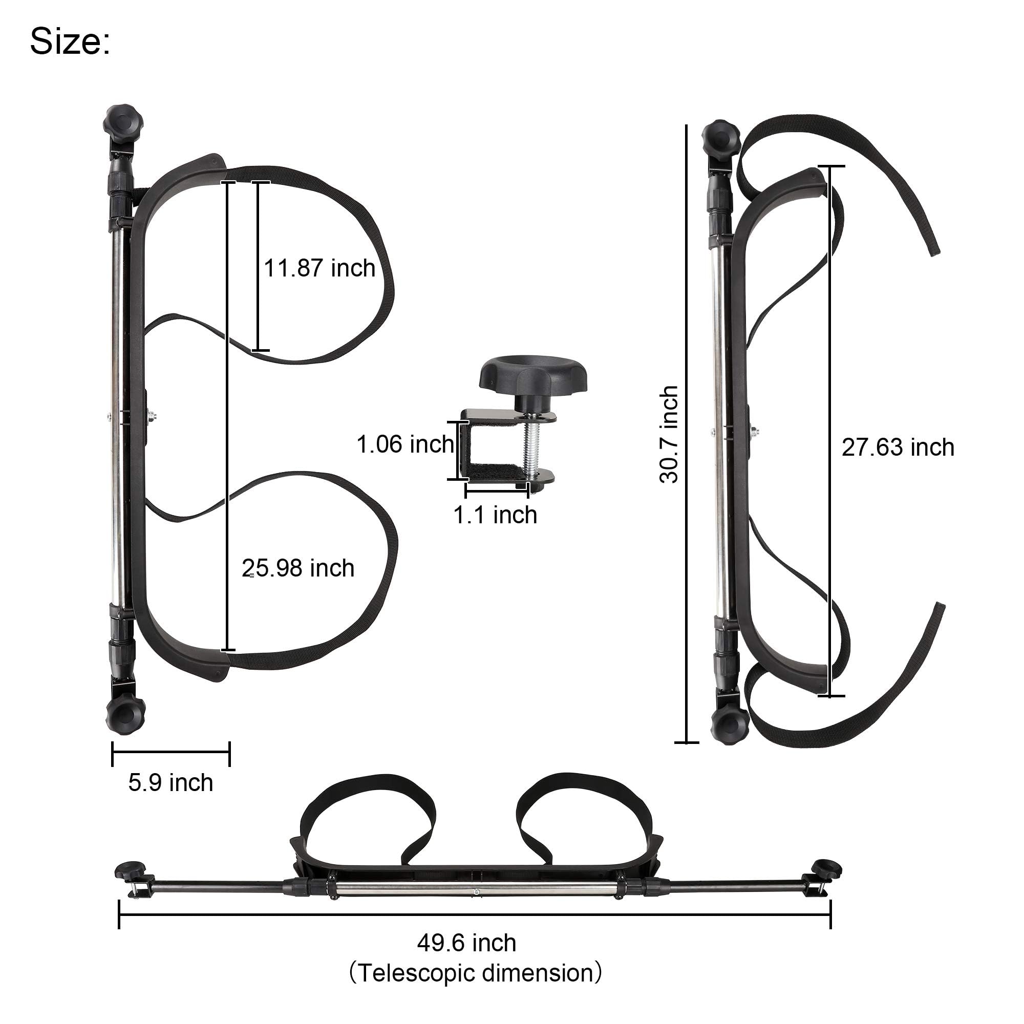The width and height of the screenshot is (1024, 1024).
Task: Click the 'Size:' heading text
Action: (x=70, y=42)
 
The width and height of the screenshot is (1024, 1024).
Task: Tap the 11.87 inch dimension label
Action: (x=319, y=268)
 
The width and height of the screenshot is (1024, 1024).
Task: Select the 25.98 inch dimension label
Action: (x=298, y=568)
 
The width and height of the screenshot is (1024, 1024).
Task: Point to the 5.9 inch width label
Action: (x=170, y=783)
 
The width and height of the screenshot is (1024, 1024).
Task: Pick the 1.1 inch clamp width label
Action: (x=495, y=515)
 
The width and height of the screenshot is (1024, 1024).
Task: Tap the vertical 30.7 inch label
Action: (x=669, y=435)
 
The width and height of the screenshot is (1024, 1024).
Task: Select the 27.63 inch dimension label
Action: (x=898, y=447)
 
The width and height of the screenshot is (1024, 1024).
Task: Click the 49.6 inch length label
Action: (x=466, y=943)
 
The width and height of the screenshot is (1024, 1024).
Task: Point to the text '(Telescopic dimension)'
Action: (x=476, y=973)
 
